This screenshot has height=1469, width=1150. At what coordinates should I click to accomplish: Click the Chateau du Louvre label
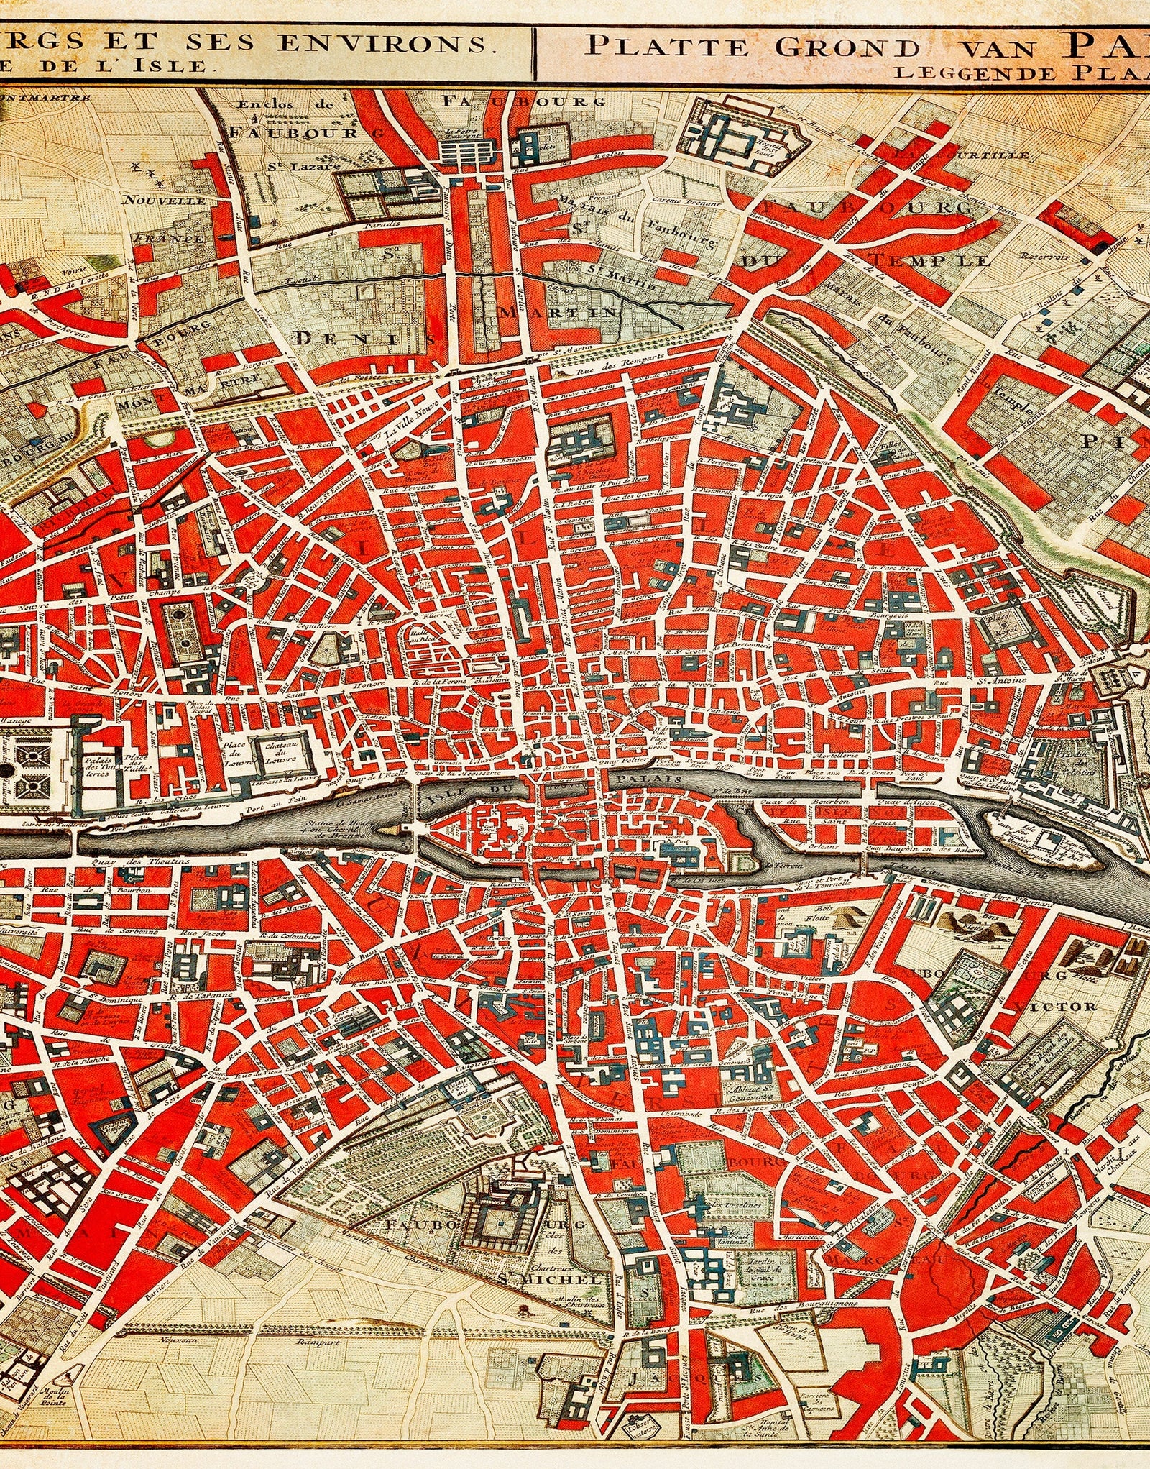click(277, 751)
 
